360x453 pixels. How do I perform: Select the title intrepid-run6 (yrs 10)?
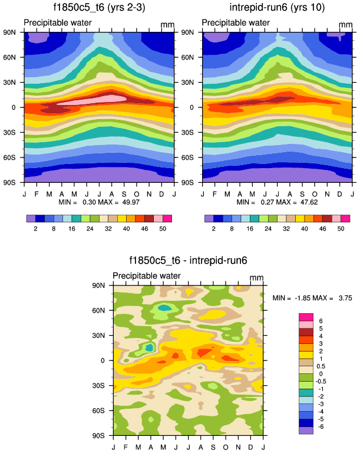pos(276,8)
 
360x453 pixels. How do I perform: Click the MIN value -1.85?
pos(299,298)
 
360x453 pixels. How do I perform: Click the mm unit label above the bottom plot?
pos(256,278)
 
